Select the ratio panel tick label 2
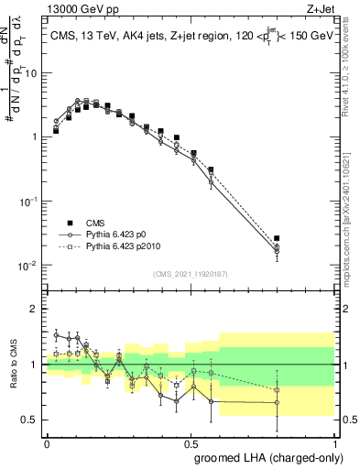34,309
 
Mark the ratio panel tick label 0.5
30,420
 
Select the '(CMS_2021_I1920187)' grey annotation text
191,273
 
